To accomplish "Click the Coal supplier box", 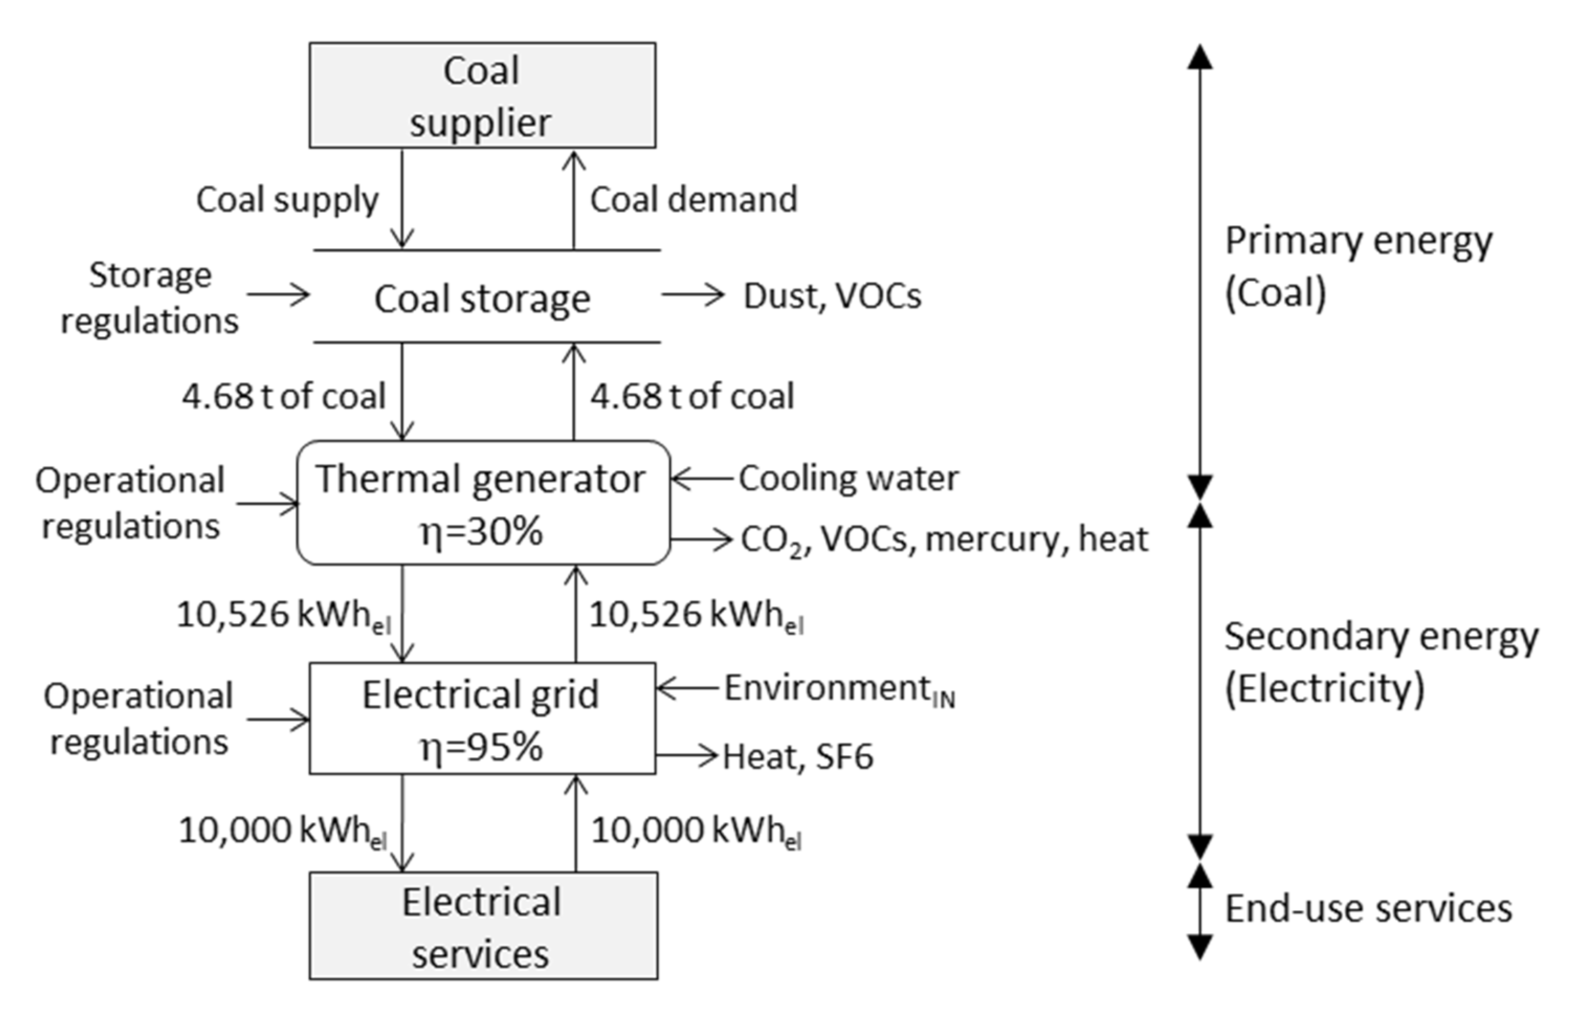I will (x=482, y=95).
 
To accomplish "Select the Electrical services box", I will (x=482, y=925).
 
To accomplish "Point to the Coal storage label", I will (x=482, y=299).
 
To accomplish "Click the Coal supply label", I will (x=288, y=200).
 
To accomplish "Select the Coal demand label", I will (x=693, y=200).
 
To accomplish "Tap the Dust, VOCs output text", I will (x=832, y=296).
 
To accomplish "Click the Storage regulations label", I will (x=150, y=298).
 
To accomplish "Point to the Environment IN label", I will (x=839, y=689).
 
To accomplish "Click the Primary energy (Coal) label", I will (x=1357, y=267).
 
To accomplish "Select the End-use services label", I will (x=1368, y=909).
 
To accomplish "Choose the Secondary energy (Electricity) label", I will (x=1380, y=663).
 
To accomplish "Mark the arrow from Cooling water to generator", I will (x=702, y=479).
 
